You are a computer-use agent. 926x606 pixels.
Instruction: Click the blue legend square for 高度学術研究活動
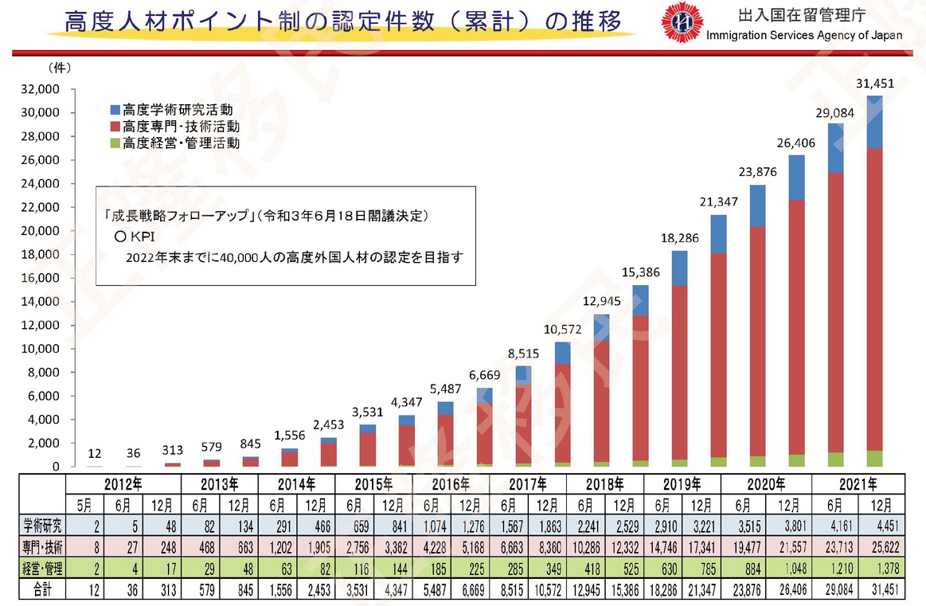115,109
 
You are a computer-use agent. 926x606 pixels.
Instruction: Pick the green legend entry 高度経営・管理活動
175,144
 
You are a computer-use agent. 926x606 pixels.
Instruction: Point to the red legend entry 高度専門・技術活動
175,127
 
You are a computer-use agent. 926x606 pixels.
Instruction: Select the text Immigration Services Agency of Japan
805,35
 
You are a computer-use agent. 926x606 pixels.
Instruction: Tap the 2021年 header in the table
858,483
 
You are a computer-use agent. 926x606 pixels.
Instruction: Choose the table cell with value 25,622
884,545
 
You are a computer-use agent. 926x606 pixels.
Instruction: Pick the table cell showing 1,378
884,567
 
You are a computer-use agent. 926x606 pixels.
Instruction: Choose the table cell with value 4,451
884,525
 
